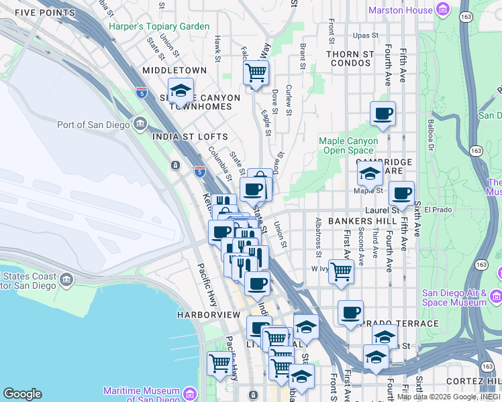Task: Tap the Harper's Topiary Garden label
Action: [159, 27]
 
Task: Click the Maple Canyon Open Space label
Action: [348, 145]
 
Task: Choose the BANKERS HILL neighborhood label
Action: [364, 221]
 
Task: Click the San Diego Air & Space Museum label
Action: [454, 297]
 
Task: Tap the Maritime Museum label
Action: [142, 395]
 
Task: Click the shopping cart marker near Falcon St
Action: [256, 72]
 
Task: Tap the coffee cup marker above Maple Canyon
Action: [383, 113]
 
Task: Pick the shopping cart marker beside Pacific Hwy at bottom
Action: [219, 364]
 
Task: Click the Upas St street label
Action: [366, 35]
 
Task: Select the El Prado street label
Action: [435, 210]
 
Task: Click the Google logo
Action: [22, 394]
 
